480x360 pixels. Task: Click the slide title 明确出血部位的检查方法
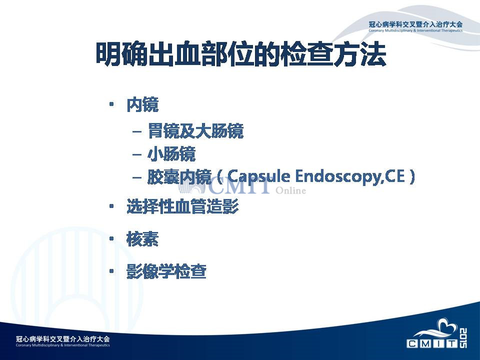(241, 54)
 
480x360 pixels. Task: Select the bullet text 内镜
(142, 104)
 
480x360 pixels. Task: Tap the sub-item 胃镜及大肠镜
(195, 131)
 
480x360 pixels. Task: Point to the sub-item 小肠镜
(171, 153)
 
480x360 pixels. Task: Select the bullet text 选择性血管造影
(183, 206)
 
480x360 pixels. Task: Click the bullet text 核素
(142, 239)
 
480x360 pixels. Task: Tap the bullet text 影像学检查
(166, 271)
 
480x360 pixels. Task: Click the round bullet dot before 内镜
(111, 104)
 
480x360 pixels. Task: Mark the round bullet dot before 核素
(111, 238)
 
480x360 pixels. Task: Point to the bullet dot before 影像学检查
(111, 271)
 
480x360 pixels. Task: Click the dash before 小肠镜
(137, 154)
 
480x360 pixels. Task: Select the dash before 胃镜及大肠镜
(137, 132)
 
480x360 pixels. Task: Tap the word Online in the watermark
(290, 190)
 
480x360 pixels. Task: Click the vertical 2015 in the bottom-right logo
(463, 338)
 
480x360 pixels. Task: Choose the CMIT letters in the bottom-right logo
(432, 343)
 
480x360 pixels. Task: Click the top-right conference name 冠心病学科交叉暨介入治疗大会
(415, 24)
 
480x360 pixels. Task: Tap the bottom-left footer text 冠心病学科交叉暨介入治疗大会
(63, 339)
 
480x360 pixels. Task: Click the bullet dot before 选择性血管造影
(111, 206)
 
